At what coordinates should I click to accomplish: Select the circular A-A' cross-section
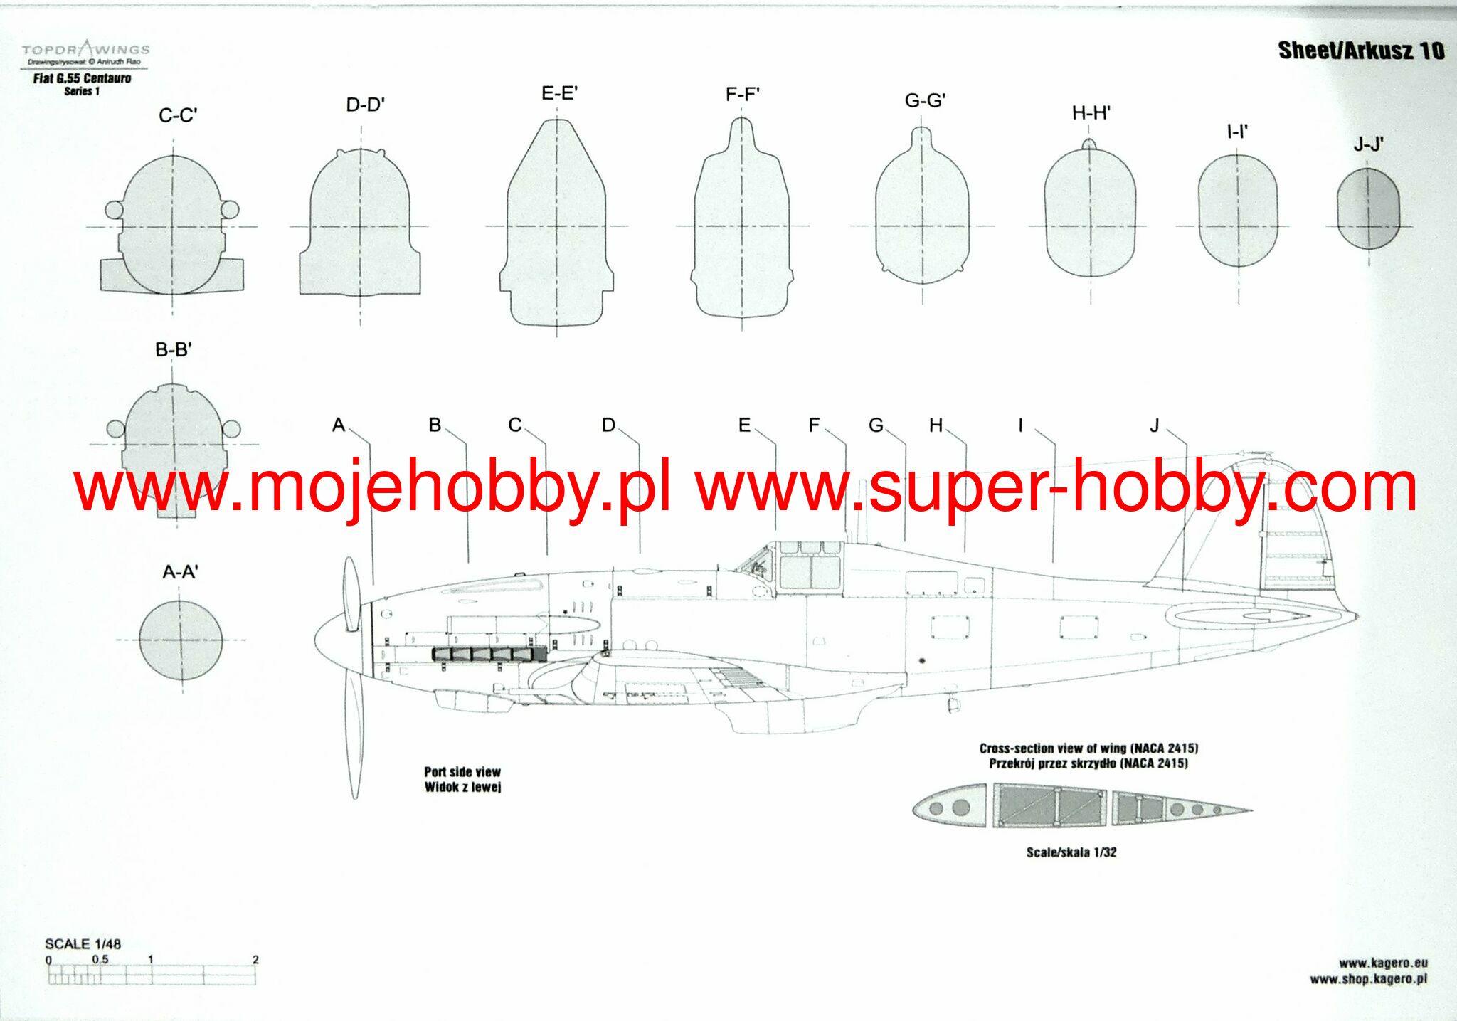181,640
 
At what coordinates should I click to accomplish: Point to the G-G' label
925,101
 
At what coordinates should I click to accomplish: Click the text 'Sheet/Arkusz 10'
1361,51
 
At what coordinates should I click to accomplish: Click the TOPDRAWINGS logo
85,49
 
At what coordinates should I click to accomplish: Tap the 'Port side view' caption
462,771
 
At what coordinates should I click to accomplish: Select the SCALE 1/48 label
83,944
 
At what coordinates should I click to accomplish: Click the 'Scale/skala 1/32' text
1071,852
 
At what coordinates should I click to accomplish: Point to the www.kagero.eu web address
1383,963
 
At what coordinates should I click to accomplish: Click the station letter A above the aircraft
339,425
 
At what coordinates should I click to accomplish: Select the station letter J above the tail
1154,425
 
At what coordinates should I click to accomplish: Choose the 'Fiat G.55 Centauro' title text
82,78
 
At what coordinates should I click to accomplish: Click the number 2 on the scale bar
255,960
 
